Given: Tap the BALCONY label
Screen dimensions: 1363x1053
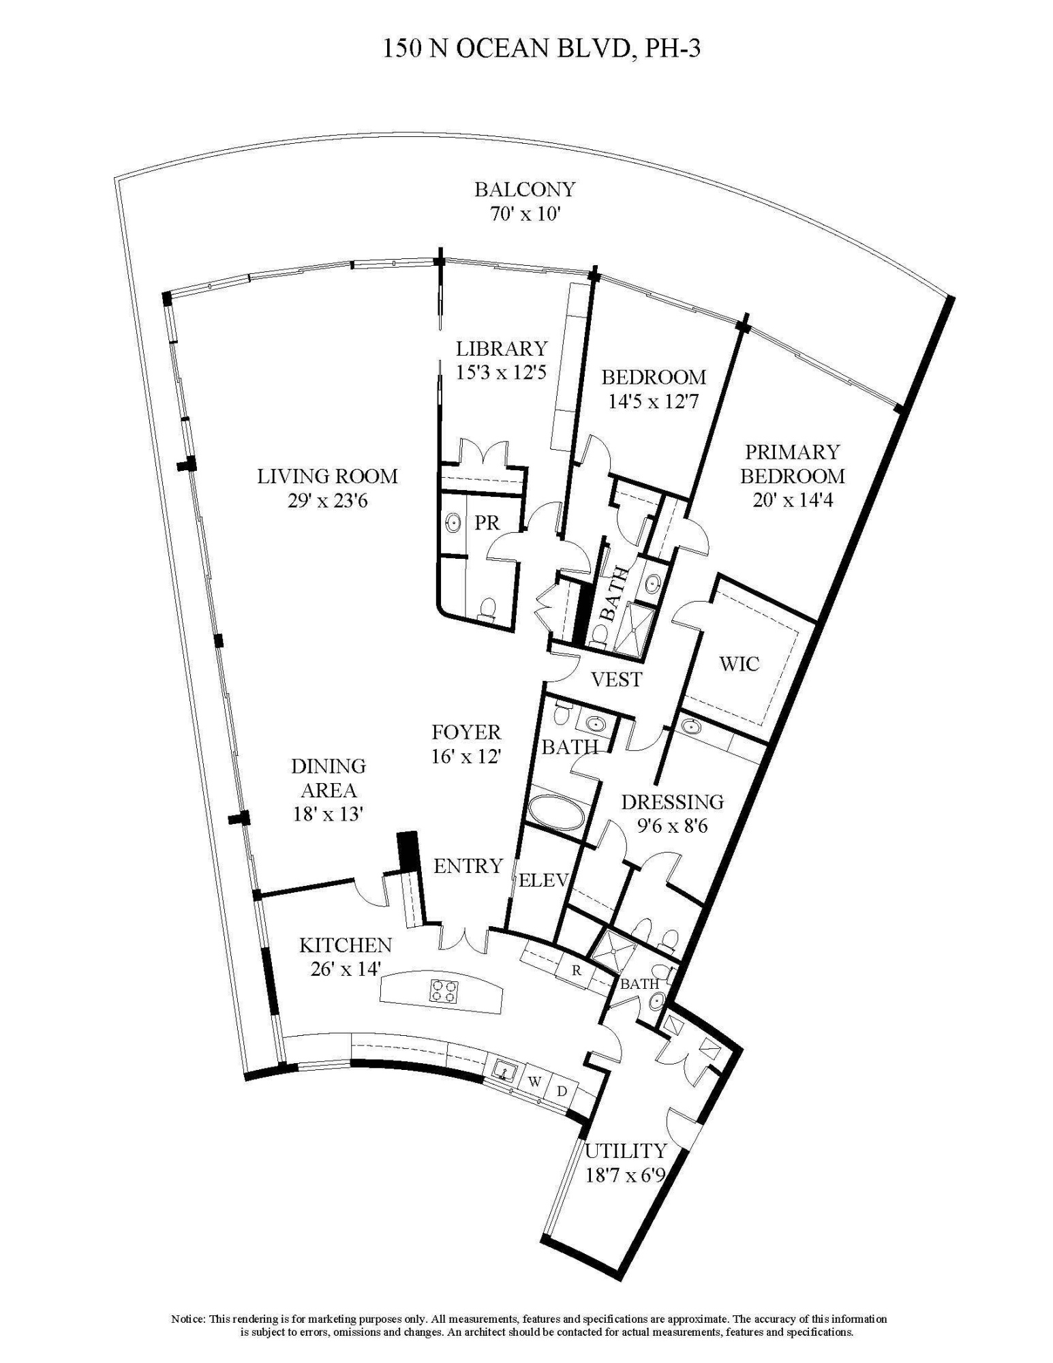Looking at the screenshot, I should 525,189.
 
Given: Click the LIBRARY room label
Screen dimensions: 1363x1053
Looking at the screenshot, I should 501,348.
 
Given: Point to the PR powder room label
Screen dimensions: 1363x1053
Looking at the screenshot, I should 487,523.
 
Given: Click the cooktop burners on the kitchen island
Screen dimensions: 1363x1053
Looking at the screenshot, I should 443,990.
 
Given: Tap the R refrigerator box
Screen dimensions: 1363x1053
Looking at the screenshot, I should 577,970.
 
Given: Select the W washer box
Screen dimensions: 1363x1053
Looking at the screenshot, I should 535,1082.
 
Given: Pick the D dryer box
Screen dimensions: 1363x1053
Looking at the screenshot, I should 562,1090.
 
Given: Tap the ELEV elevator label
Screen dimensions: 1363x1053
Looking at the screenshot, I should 543,880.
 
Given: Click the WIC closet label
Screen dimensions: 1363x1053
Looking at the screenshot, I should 739,663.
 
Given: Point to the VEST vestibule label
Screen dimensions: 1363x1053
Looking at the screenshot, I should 616,679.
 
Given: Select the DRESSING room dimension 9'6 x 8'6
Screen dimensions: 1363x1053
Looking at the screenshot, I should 672,826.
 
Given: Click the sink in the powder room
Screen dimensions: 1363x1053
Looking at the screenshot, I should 453,523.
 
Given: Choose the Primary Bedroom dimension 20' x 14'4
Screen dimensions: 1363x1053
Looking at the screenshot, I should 793,500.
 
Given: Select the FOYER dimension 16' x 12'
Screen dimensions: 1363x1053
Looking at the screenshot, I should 466,756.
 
